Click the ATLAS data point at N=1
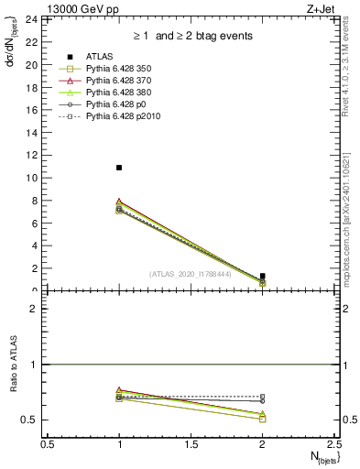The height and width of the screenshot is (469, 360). pos(119,168)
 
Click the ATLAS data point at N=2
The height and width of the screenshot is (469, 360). pos(263,276)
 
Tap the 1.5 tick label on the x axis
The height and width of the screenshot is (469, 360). pos(191,444)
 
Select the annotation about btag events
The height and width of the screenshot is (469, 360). pos(191,37)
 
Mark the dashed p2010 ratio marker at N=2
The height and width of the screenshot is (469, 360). pos(263,397)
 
